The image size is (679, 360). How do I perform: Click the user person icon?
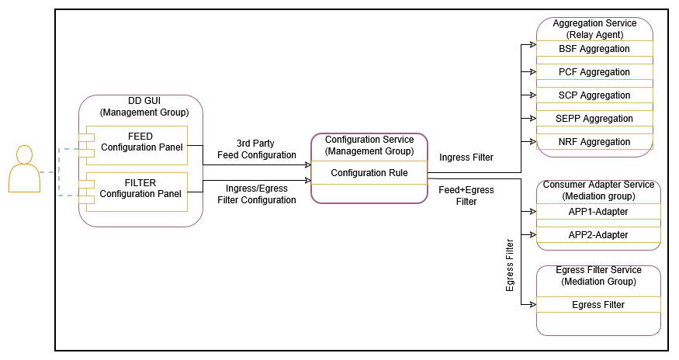(24, 168)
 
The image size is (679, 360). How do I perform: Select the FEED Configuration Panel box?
(140, 142)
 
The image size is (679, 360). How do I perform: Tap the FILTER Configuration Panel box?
(140, 189)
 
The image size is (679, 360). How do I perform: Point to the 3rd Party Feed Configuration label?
(256, 149)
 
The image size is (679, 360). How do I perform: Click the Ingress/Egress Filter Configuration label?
(256, 194)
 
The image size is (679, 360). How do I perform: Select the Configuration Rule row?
(369, 173)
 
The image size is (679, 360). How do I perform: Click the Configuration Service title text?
(369, 145)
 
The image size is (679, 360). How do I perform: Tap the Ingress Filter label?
(466, 157)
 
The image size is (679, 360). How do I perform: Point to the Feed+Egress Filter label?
(466, 196)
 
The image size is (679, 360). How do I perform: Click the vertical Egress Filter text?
(510, 265)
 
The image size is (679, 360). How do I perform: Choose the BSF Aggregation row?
(594, 49)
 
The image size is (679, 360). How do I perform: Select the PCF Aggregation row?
(594, 72)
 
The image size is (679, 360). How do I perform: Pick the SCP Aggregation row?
(594, 95)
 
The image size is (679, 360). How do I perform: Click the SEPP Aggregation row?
(594, 119)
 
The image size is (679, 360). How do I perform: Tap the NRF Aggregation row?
(594, 142)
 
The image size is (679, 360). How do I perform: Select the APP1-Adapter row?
(598, 212)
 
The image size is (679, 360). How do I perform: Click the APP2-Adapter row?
(598, 235)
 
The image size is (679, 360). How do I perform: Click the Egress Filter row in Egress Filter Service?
(598, 305)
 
